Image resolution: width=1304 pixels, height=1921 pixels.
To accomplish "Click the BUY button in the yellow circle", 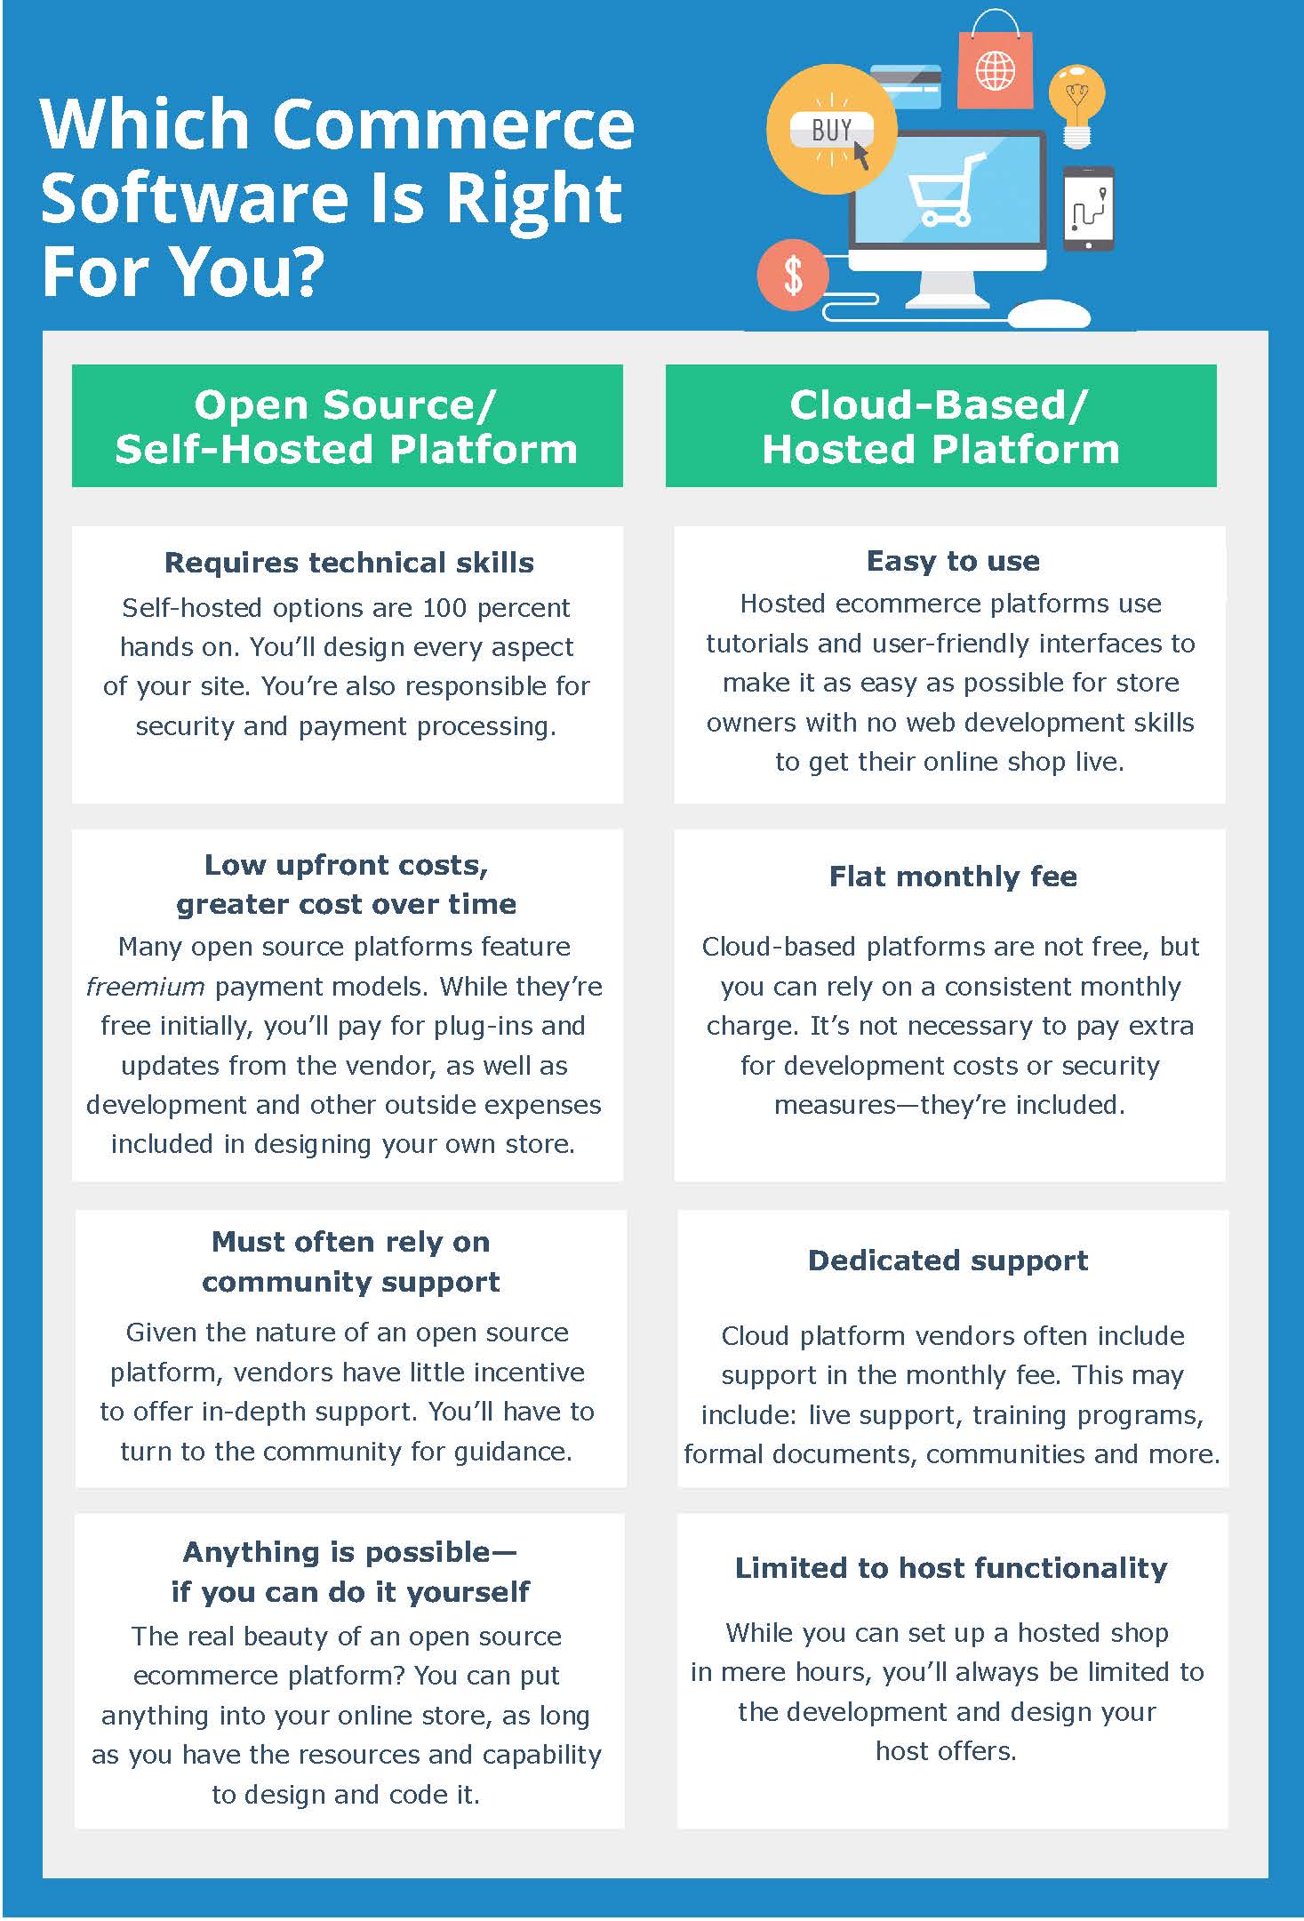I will [831, 131].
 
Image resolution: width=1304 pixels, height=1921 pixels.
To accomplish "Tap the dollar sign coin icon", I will [793, 275].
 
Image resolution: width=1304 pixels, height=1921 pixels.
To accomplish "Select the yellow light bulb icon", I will [1077, 103].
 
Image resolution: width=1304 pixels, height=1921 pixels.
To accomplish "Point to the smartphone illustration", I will [1089, 209].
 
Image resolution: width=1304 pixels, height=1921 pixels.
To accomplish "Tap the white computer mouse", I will [1049, 314].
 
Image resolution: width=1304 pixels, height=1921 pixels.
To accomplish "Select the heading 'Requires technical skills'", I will [349, 563].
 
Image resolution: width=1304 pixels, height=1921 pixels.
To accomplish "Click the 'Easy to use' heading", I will [953, 561].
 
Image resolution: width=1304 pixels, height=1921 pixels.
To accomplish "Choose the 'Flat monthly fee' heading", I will [953, 876].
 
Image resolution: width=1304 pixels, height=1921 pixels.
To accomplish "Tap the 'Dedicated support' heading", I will [948, 1261].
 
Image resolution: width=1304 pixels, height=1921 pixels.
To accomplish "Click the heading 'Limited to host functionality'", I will [951, 1567].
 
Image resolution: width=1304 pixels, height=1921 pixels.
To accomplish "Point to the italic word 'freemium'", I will [145, 987].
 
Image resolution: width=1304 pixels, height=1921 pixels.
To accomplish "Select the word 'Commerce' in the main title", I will [453, 124].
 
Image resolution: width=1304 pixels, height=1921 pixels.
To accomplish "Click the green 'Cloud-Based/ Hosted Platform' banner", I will [940, 426].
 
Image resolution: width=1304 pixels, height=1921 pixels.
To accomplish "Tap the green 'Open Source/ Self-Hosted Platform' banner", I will [347, 426].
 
